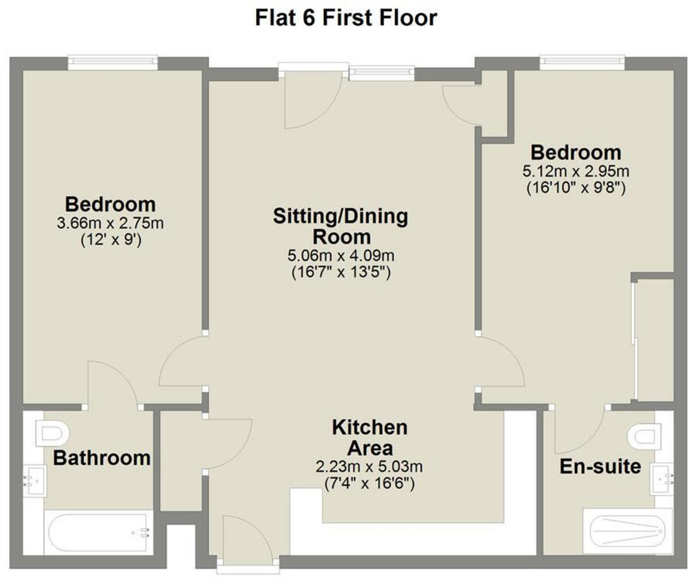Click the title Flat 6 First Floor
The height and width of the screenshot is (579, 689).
pos(346,18)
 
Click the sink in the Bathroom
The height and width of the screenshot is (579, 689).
pos(34,480)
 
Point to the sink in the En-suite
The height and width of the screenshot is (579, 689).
pos(661,479)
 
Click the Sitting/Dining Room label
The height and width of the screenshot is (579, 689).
pos(340,226)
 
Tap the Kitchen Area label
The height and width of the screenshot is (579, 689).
pos(370,437)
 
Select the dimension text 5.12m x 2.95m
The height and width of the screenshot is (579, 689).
pos(576,172)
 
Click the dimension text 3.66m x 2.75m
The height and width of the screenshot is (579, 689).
pos(110,223)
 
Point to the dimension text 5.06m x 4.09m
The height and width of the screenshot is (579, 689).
pos(340,255)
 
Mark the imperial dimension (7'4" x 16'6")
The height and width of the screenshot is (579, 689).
pos(369,484)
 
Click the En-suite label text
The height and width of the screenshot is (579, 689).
pos(600,467)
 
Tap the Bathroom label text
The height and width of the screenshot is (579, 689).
pos(102,458)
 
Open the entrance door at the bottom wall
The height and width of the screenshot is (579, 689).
pos(244,540)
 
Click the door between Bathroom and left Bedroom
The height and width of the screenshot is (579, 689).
pos(113,385)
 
